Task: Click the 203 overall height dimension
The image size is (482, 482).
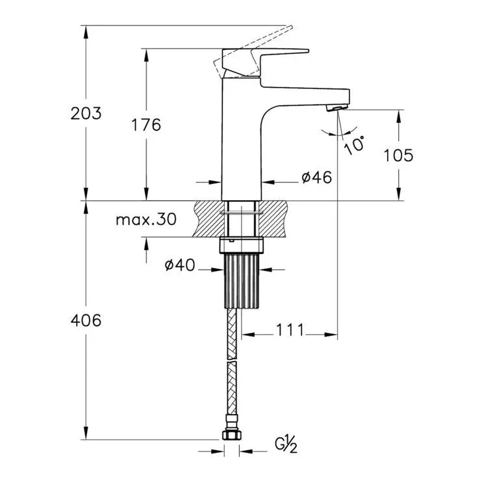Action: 86,114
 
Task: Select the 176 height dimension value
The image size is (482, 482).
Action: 146,125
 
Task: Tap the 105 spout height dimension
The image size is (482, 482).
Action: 398,155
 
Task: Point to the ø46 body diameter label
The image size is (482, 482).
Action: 316,177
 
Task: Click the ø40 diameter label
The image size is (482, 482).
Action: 180,265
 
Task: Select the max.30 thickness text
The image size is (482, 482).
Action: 146,220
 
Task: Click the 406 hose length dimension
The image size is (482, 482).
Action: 86,321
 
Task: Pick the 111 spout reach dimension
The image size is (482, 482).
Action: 290,330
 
